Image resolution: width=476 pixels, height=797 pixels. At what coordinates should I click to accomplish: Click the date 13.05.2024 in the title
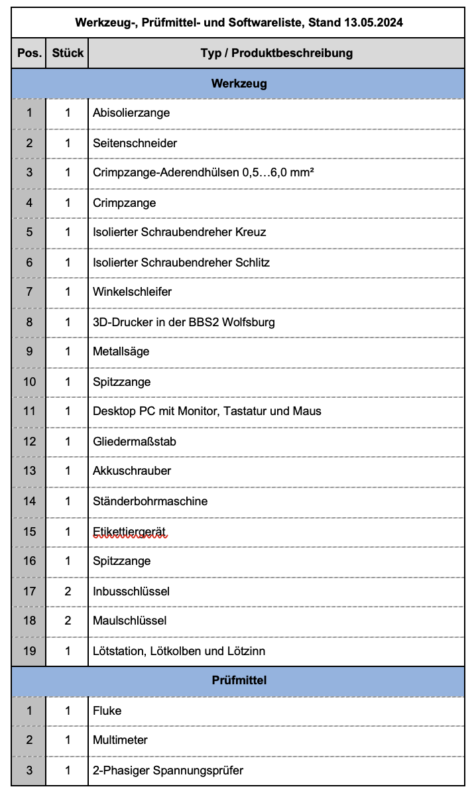point(374,23)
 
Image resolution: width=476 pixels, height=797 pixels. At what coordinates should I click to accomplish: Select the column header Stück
point(68,53)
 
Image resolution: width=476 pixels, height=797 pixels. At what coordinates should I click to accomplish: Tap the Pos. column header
point(29,53)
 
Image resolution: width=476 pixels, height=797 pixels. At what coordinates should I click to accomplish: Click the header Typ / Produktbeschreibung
point(276,53)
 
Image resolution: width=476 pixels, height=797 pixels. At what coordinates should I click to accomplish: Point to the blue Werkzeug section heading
point(239,84)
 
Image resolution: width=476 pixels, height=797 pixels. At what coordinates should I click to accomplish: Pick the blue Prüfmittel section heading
point(239,680)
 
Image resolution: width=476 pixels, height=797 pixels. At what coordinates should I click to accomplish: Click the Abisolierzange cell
point(131,113)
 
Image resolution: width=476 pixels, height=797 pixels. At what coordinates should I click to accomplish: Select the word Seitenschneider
point(135,143)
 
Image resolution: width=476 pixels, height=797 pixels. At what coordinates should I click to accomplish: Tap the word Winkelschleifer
point(132,292)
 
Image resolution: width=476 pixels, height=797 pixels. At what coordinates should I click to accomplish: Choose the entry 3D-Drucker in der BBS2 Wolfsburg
point(184,322)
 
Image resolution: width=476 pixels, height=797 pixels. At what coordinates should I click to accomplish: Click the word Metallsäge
point(121,351)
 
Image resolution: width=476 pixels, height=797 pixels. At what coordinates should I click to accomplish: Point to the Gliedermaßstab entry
point(134,442)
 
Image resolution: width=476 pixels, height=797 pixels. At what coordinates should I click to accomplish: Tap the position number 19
point(29,651)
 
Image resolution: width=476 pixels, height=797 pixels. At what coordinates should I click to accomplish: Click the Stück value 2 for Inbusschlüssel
point(68,591)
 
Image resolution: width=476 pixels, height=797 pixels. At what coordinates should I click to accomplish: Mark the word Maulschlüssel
point(129,621)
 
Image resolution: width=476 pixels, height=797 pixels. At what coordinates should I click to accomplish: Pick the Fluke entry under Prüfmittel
point(107,711)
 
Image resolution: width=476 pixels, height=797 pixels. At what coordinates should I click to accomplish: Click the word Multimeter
point(120,740)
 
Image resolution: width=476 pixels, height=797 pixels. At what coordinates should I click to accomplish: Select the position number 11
point(29,411)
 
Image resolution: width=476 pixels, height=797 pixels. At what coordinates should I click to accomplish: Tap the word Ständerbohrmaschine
point(150,501)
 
